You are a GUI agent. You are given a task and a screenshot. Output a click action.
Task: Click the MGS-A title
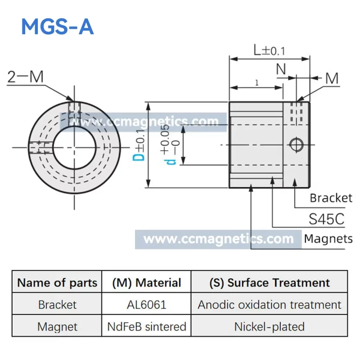[x=58, y=27]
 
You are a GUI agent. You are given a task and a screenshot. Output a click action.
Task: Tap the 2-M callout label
[x=26, y=76]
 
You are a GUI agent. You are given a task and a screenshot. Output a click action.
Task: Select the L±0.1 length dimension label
[x=269, y=50]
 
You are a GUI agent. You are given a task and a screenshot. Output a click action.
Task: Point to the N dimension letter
[x=281, y=69]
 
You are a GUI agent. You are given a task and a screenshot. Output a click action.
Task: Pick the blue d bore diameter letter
[x=170, y=162]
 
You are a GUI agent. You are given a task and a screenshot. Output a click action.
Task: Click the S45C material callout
[x=327, y=219]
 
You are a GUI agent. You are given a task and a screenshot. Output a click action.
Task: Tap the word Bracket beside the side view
[x=331, y=198]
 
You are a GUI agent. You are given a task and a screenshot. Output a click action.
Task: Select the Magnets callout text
[x=328, y=239]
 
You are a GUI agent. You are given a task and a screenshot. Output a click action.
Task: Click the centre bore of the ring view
[x=74, y=148]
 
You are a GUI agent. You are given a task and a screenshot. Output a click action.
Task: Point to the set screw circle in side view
[x=296, y=145]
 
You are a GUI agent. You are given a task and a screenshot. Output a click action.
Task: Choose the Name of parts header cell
[x=57, y=283]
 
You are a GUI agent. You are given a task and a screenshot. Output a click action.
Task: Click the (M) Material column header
[x=147, y=283]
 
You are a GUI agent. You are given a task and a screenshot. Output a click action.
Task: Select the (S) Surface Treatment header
[x=270, y=283]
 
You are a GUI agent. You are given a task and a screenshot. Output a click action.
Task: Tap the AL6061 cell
[x=147, y=305]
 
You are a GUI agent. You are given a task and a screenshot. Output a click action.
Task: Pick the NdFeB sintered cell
[x=147, y=327]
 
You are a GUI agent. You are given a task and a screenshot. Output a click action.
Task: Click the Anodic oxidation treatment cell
[x=269, y=305]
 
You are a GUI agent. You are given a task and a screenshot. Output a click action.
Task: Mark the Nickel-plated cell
[x=269, y=327]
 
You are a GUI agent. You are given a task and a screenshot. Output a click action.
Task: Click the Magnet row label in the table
[x=58, y=327]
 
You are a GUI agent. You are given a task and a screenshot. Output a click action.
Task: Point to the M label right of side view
[x=332, y=78]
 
